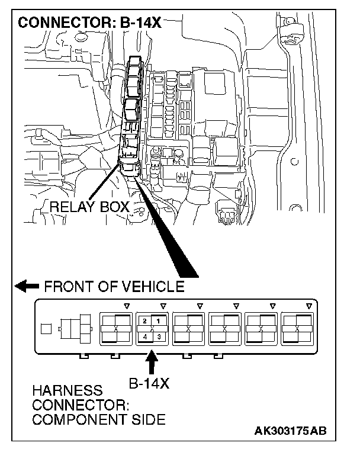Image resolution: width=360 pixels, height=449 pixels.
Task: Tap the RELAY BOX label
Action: point(89,207)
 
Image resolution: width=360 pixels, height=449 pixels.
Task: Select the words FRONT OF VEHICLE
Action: point(114,287)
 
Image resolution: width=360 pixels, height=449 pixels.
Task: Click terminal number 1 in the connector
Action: point(159,320)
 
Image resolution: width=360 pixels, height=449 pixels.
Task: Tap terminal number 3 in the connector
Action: point(159,336)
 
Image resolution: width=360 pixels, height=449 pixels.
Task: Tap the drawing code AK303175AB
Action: point(290,431)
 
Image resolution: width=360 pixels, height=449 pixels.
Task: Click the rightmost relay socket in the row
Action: point(298,328)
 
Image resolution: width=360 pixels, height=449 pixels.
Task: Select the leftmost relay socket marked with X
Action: point(115,328)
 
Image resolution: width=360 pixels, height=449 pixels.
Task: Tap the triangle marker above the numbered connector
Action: point(163,306)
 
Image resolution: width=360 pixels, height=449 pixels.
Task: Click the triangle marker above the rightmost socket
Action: point(308,306)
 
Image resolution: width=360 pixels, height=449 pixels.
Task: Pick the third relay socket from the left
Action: point(188,328)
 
